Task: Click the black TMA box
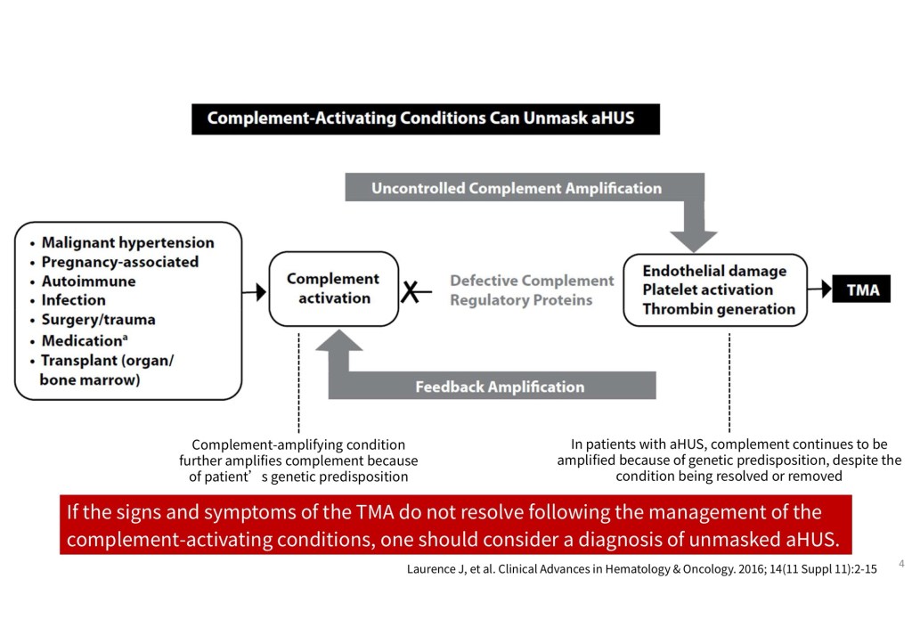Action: pos(861,289)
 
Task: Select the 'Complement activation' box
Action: pos(333,289)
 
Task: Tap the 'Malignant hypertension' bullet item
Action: pos(127,242)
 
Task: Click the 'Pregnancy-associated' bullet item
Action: pos(119,262)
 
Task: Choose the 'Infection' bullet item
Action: pos(73,300)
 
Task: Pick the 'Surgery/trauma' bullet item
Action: pos(98,320)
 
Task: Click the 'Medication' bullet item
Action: pos(81,340)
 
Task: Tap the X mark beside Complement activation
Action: pos(410,290)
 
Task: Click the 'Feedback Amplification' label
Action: pos(500,387)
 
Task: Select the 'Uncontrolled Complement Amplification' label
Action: pos(517,188)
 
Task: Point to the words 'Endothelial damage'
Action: pos(714,271)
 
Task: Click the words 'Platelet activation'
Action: pos(707,289)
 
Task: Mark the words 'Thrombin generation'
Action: pos(719,309)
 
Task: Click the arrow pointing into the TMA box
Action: pos(818,290)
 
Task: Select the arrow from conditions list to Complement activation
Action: pos(255,291)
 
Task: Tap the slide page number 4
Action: pos(901,564)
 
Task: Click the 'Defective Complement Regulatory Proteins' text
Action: pos(532,290)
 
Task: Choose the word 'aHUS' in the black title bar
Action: pos(613,118)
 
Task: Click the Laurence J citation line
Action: pos(641,569)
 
